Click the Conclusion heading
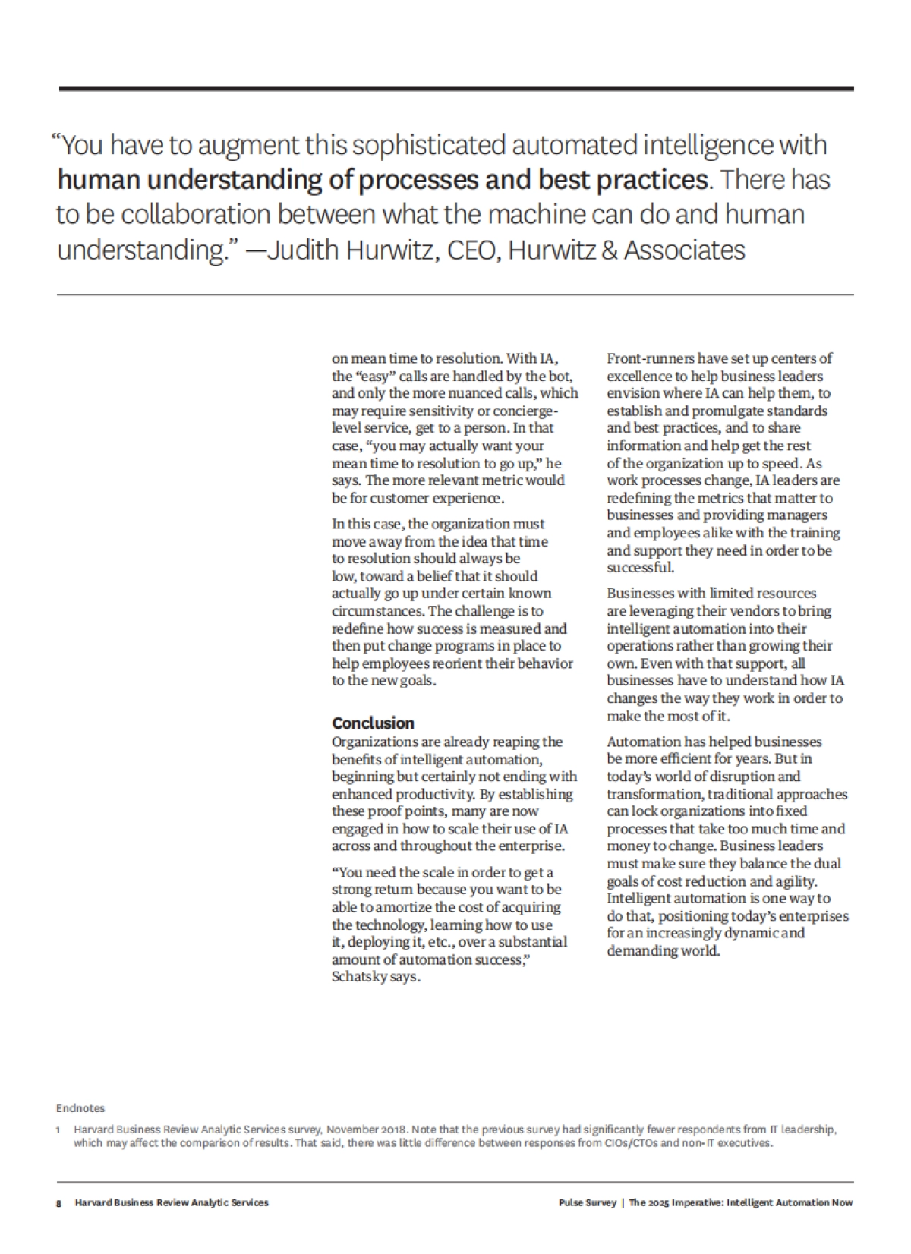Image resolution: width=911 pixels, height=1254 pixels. coord(373,723)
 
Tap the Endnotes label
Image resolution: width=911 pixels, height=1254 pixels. coord(80,1108)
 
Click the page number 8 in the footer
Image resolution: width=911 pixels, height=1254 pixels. coord(58,1202)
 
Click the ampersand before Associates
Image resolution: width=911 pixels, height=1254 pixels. coord(609,250)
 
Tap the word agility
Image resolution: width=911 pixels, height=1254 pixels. coord(793,881)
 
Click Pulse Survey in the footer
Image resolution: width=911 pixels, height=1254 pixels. coord(587,1202)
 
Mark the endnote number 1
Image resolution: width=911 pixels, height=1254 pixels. coord(58,1130)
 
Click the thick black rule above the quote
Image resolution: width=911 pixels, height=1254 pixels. coord(455,89)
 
